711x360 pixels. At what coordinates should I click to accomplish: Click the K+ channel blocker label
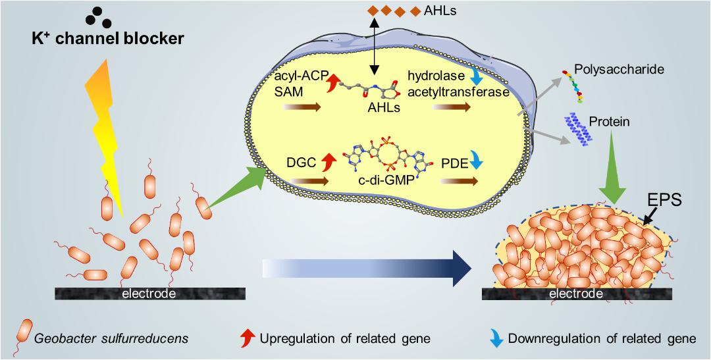click(x=107, y=39)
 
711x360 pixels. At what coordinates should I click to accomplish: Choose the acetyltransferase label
click(x=458, y=93)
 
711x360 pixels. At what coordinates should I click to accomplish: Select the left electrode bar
click(x=149, y=294)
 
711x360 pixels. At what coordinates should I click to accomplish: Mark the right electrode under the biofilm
click(x=576, y=294)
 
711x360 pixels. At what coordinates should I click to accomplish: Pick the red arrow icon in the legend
click(x=247, y=338)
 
